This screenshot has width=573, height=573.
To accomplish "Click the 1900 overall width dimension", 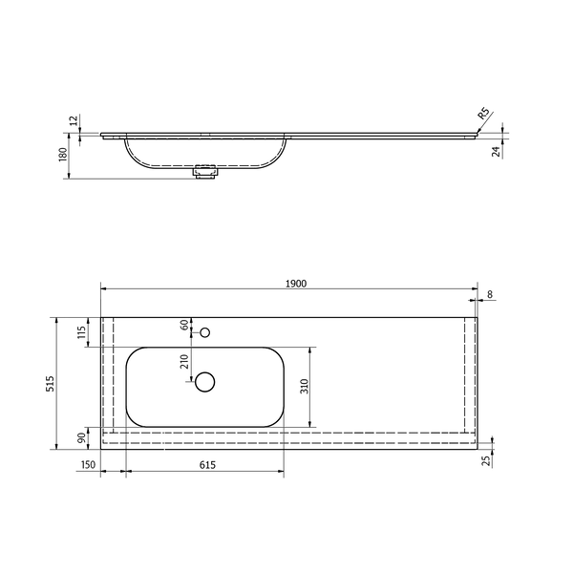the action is [296, 284].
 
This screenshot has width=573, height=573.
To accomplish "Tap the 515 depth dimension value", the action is [50, 383].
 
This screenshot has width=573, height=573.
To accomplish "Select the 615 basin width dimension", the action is [207, 465].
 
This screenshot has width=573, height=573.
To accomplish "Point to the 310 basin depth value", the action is [305, 386].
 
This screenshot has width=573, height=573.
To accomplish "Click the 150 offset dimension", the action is [88, 464].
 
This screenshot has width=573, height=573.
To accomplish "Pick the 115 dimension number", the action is [82, 331].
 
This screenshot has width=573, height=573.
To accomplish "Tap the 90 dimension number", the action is [82, 437].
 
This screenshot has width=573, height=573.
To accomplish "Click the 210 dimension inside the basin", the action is [184, 362].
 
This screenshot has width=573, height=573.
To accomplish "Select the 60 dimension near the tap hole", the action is [184, 325].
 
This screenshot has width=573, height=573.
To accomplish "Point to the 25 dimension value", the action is [487, 461].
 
